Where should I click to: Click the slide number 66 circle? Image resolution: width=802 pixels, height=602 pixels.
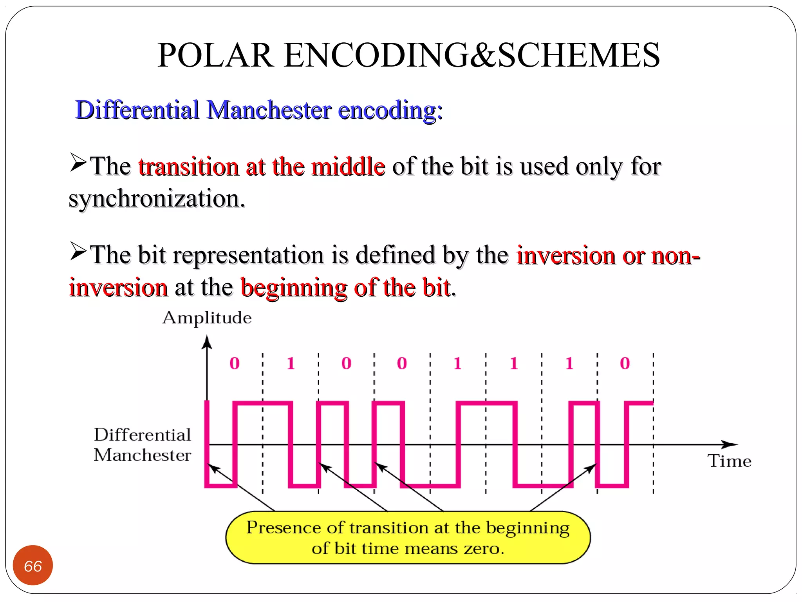(x=33, y=565)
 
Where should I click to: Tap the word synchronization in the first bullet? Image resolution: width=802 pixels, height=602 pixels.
(x=156, y=199)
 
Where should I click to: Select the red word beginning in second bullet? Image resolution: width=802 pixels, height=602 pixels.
(x=294, y=288)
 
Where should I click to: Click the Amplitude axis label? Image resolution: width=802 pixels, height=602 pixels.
(x=207, y=317)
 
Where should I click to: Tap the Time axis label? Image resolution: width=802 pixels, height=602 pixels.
(x=729, y=461)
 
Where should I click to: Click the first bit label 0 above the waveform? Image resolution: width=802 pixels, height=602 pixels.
(x=234, y=363)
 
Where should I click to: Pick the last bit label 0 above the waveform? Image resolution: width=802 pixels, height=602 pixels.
(x=625, y=363)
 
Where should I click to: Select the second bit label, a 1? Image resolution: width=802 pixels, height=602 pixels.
(x=290, y=363)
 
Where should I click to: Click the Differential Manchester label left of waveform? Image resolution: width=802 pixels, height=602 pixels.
(x=142, y=445)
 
